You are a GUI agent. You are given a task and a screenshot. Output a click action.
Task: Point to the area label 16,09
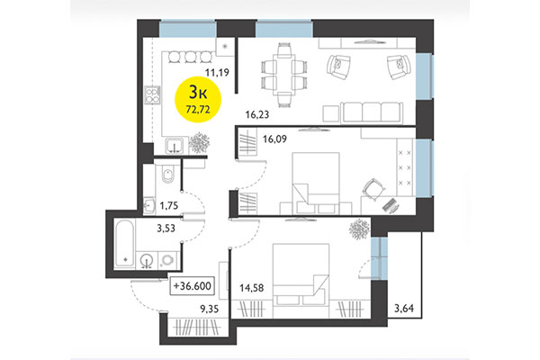(275, 139)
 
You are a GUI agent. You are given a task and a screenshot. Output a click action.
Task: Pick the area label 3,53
(166, 229)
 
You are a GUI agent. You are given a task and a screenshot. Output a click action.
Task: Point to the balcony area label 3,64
(404, 311)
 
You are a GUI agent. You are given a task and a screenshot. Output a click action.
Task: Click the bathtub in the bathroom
(124, 241)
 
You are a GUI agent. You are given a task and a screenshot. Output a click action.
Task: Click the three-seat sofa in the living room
(364, 112)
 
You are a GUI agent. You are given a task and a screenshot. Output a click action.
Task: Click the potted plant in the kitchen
(200, 142)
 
